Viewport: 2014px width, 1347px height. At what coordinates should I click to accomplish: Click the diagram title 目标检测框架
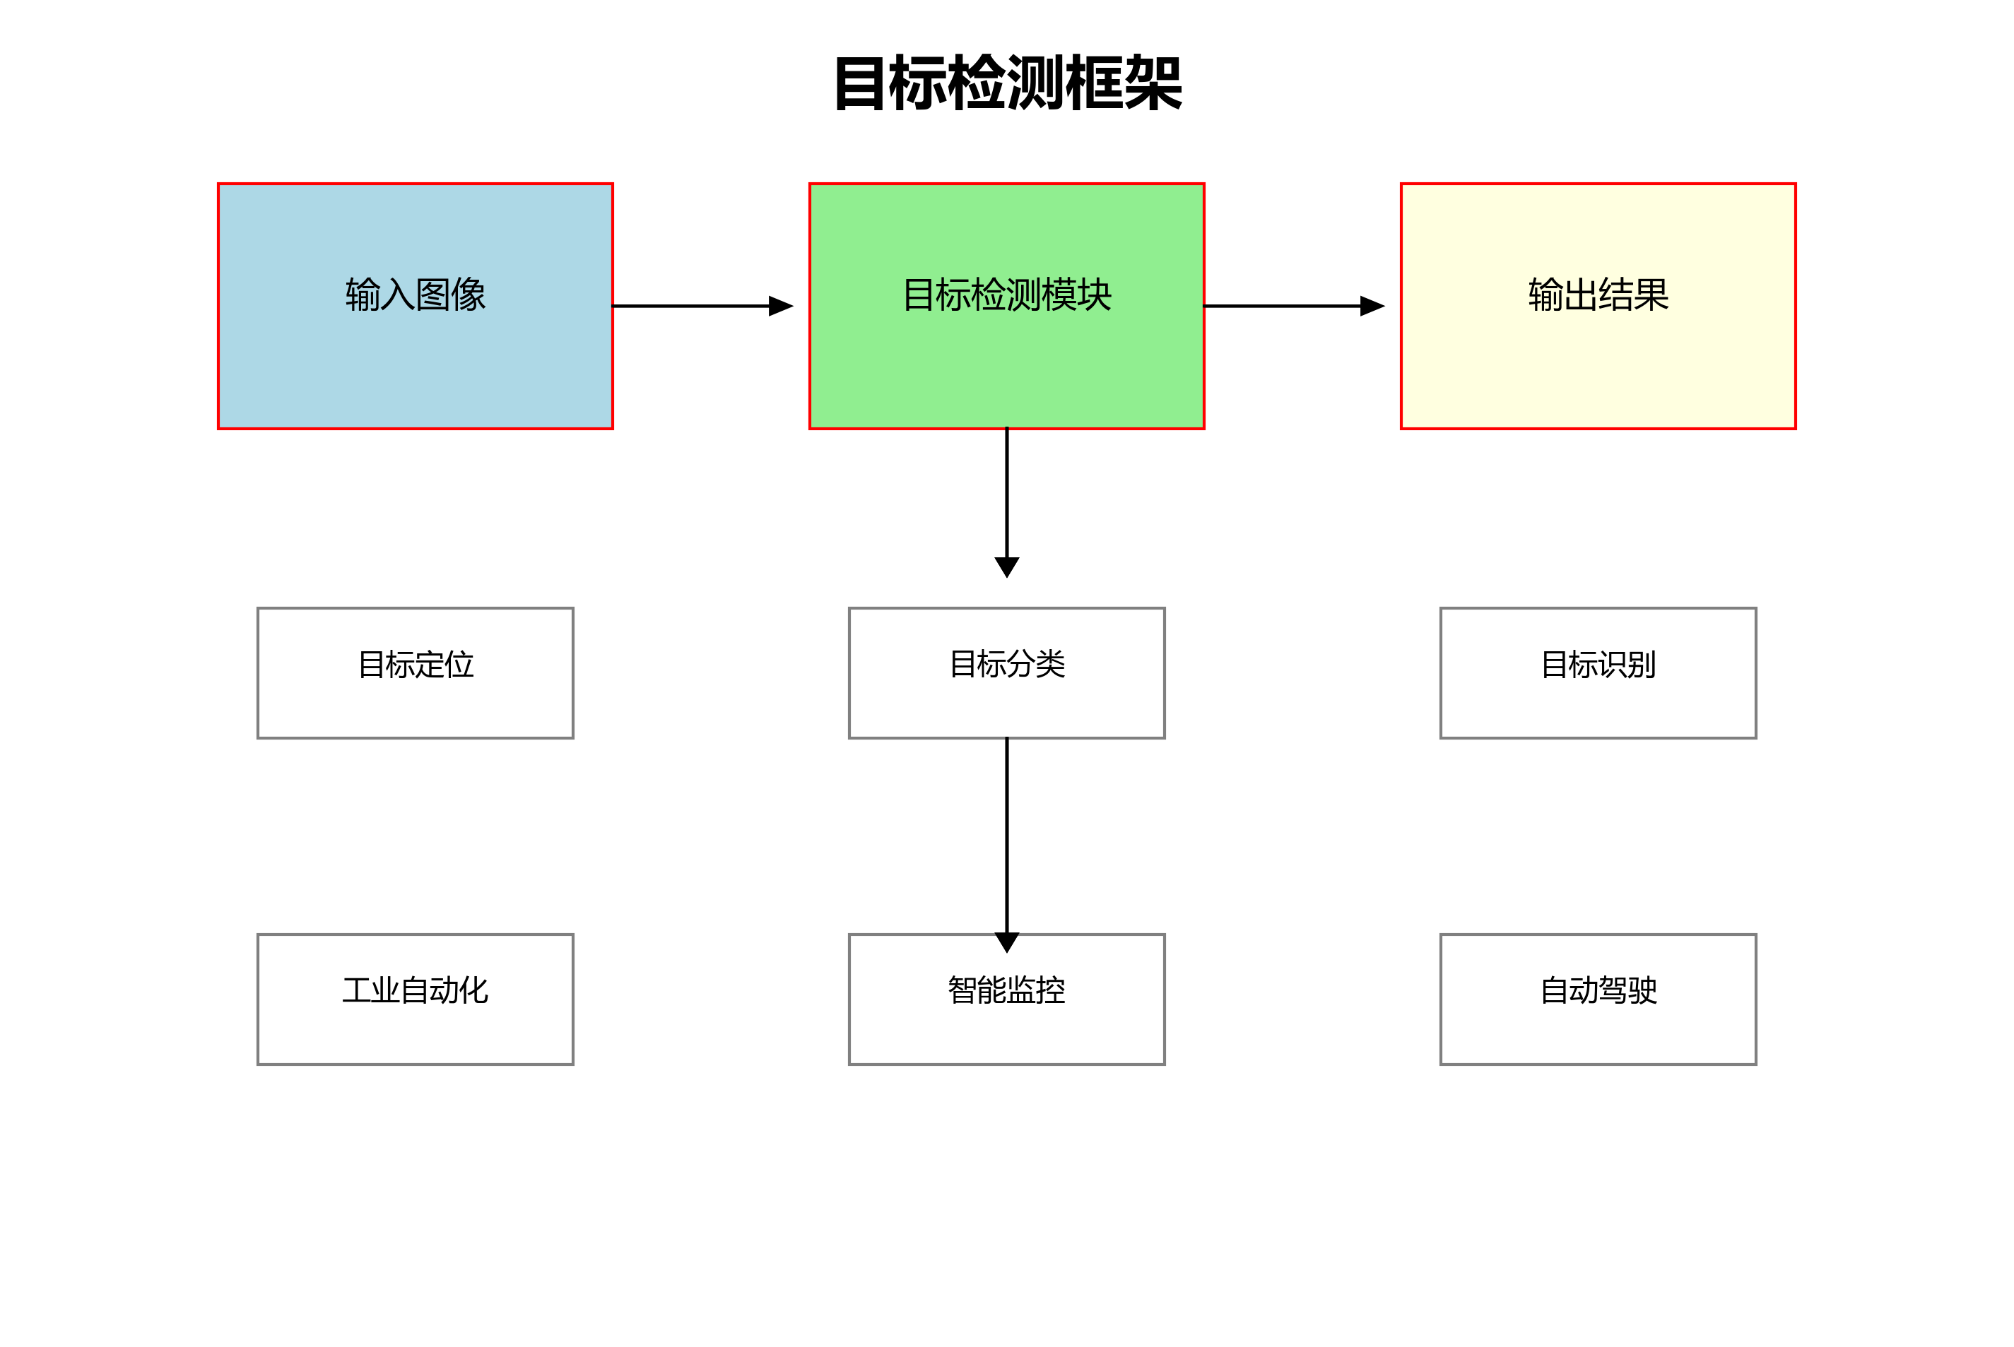click(x=1007, y=83)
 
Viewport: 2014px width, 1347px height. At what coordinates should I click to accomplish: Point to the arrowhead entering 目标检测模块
click(x=780, y=306)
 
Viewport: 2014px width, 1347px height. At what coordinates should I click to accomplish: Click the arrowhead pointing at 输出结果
click(x=1372, y=306)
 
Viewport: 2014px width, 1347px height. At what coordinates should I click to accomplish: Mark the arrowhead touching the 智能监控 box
click(x=1006, y=942)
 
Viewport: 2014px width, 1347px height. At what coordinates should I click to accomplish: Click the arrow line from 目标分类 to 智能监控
click(x=1006, y=833)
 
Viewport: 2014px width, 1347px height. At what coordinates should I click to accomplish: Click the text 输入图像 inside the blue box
click(x=415, y=295)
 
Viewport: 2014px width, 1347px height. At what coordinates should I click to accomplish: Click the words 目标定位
click(x=415, y=664)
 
